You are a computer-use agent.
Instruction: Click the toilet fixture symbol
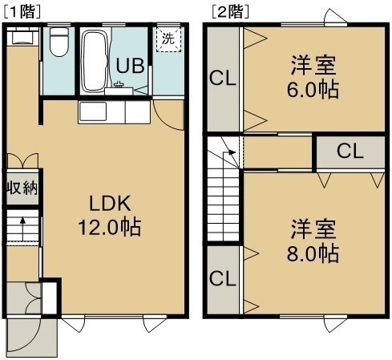(59, 42)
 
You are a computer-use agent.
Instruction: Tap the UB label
(130, 66)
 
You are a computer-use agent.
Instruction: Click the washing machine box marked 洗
(168, 39)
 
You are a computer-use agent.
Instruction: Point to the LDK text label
(110, 204)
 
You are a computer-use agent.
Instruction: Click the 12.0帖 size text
(110, 228)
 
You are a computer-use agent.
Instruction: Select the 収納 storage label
(22, 188)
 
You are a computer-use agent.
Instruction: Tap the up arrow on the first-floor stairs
(22, 229)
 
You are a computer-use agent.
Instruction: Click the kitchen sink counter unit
(114, 112)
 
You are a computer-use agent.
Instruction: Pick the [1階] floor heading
(22, 12)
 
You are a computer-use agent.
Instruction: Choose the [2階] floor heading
(231, 12)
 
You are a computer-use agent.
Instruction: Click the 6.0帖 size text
(313, 90)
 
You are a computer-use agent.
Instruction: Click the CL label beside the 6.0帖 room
(223, 79)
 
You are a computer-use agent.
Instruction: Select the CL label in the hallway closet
(350, 152)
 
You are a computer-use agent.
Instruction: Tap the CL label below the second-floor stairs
(223, 279)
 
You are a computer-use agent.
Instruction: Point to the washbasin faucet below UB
(119, 84)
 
